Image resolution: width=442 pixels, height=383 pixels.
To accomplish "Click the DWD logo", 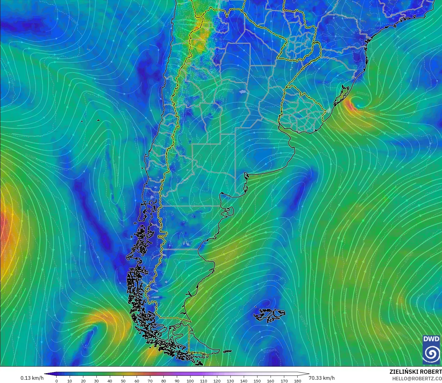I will coord(431,349).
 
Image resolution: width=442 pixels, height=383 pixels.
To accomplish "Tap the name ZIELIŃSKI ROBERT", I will coord(416,372).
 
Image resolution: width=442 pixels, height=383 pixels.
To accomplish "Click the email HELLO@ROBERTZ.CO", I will coord(417,379).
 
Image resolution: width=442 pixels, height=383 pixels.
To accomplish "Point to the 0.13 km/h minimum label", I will coord(32,378).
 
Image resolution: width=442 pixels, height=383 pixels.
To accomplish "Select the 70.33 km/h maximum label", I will coord(321,378).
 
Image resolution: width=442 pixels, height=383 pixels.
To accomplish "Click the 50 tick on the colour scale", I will coord(123,381).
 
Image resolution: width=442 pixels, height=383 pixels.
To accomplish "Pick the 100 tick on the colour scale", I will coord(190,381).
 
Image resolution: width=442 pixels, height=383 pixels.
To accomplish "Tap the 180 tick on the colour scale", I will coord(297,381).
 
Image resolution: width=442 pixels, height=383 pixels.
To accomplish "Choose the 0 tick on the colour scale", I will coord(57,381).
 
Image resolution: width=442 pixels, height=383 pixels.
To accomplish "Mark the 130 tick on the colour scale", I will coord(230,381).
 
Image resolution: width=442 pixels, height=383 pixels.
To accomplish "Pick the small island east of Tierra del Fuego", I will coord(227,351).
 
